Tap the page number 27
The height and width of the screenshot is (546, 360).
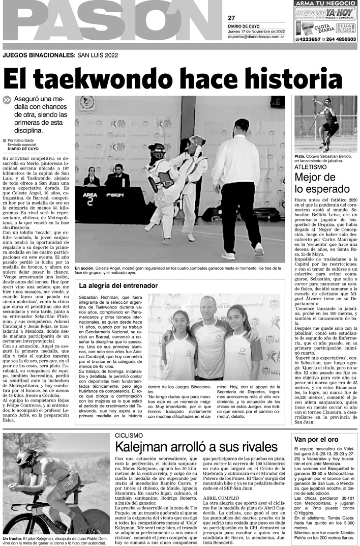[231, 18]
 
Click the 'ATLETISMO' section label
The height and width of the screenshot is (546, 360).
[312, 166]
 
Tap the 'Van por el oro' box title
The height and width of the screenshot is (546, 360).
[316, 439]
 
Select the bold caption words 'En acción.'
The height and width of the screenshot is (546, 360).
[84, 268]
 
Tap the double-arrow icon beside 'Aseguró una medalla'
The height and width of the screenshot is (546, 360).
[6, 101]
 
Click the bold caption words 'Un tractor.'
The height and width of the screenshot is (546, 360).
[14, 538]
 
